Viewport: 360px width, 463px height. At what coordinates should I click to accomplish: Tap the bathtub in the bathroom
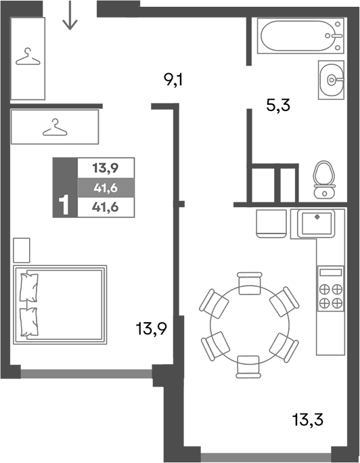298,35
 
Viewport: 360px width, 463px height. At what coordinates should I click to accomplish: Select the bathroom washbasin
331,80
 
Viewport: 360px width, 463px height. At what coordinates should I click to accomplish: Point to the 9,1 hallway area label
174,82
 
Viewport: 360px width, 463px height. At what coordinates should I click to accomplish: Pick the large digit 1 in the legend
65,205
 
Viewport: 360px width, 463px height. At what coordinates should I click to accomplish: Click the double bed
60,304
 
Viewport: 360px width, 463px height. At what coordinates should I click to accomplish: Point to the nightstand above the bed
22,250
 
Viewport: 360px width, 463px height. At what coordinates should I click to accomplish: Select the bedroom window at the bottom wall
86,372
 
